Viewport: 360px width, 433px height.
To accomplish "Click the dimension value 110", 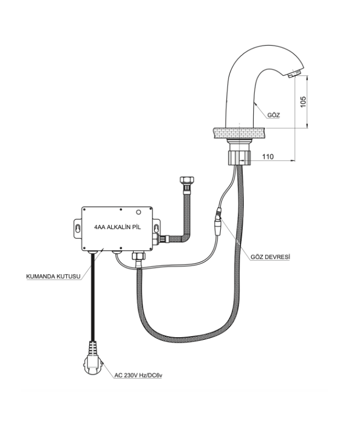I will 268,157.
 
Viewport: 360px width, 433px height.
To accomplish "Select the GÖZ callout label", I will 273,116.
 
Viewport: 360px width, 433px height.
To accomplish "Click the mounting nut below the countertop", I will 238,156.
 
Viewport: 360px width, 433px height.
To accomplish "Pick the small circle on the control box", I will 139,212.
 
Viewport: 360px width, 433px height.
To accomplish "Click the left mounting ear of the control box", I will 77,228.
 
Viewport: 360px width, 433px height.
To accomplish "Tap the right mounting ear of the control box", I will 157,226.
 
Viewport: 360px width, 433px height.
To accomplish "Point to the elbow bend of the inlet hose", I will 184,237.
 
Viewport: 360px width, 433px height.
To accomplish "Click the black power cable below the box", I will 92,297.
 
